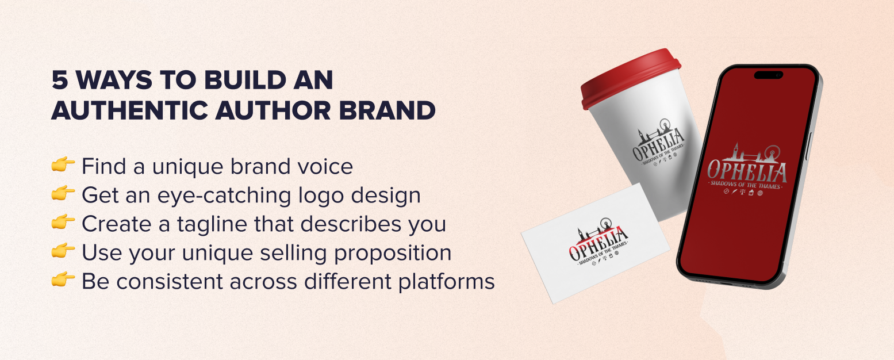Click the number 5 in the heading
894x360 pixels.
tap(59, 81)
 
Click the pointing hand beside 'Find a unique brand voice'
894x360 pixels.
tap(63, 166)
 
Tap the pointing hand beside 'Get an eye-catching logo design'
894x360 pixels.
tap(63, 194)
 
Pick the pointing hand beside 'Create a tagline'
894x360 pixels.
tap(63, 223)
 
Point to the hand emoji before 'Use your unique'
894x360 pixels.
tap(63, 252)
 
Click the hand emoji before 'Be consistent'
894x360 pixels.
tap(63, 281)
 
